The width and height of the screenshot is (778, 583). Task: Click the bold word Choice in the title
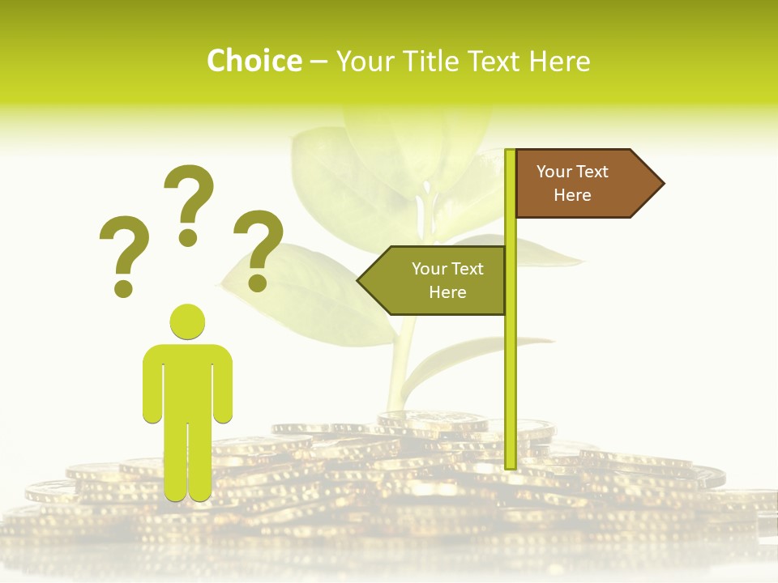pyautogui.click(x=254, y=61)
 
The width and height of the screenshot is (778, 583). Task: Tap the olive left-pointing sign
pyautogui.click(x=442, y=280)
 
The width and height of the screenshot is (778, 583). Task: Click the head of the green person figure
pyautogui.click(x=187, y=321)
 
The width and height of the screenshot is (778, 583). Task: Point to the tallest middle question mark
pyautogui.click(x=190, y=194)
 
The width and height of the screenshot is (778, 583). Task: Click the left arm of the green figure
pyautogui.click(x=152, y=385)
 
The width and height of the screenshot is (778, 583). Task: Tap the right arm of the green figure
pyautogui.click(x=224, y=385)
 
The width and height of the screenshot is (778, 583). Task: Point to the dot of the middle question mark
pyautogui.click(x=188, y=237)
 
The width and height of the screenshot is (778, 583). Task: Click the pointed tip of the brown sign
pyautogui.click(x=660, y=183)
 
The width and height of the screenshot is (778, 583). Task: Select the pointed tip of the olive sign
pyautogui.click(x=361, y=280)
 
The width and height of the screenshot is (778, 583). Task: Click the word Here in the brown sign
pyautogui.click(x=572, y=195)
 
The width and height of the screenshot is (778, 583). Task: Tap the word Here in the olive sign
pyautogui.click(x=447, y=292)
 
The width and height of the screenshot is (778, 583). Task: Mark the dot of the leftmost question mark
pyautogui.click(x=123, y=287)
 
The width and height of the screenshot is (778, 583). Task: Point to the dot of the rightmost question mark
pyautogui.click(x=258, y=283)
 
